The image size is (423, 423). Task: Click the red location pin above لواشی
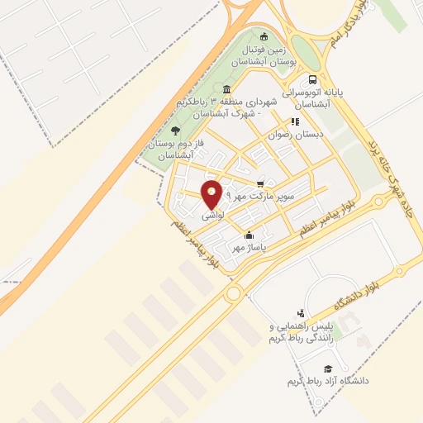pyautogui.click(x=211, y=192)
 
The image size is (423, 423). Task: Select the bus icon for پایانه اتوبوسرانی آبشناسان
pyautogui.click(x=311, y=80)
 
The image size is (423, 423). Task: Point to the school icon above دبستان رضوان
pyautogui.click(x=295, y=121)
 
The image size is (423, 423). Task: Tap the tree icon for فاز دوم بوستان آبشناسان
pyautogui.click(x=174, y=130)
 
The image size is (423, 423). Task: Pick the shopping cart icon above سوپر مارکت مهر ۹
pyautogui.click(x=260, y=184)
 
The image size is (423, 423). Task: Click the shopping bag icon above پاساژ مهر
pyautogui.click(x=249, y=235)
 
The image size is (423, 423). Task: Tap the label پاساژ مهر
pyautogui.click(x=249, y=247)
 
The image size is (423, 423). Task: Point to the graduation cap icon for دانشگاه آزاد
pyautogui.click(x=328, y=368)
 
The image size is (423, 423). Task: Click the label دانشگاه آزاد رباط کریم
pyautogui.click(x=328, y=381)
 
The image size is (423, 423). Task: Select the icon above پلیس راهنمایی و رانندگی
pyautogui.click(x=301, y=313)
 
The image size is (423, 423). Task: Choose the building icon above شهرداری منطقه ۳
pyautogui.click(x=226, y=89)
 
